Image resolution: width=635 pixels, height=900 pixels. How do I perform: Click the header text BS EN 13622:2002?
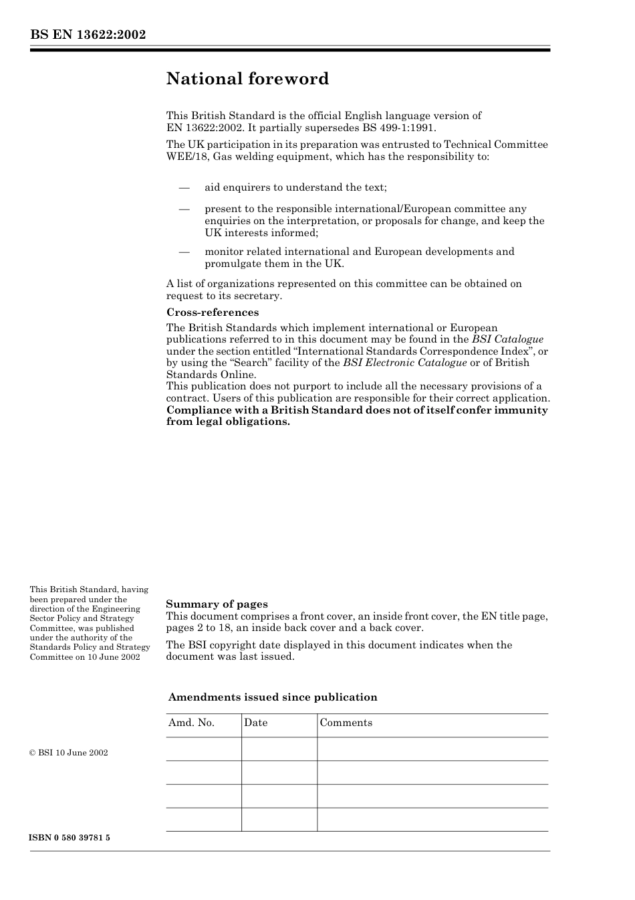tap(88, 35)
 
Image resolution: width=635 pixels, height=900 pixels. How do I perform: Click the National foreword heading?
tap(247, 79)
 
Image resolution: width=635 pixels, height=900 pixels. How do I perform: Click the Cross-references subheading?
tap(212, 312)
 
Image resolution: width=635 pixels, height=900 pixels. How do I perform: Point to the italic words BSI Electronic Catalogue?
tap(404, 363)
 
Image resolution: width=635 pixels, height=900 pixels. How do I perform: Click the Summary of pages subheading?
tap(217, 604)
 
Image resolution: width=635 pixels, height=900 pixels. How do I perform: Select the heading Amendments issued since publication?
tap(272, 697)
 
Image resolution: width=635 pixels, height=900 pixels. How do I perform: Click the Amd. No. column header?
tap(191, 723)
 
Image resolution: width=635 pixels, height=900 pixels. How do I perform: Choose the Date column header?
tap(255, 723)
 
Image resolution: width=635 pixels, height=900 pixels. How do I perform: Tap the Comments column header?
tap(346, 723)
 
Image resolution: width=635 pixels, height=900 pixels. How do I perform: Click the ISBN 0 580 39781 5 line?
tap(70, 838)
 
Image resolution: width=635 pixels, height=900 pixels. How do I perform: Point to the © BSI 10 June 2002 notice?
tap(69, 753)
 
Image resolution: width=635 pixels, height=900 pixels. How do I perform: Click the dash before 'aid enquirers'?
tap(184, 187)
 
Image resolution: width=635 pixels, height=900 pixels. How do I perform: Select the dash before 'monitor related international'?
tap(184, 252)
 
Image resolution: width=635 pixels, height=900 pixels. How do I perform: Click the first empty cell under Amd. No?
tap(203, 749)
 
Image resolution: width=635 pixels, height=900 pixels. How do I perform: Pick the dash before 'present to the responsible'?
tap(184, 209)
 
